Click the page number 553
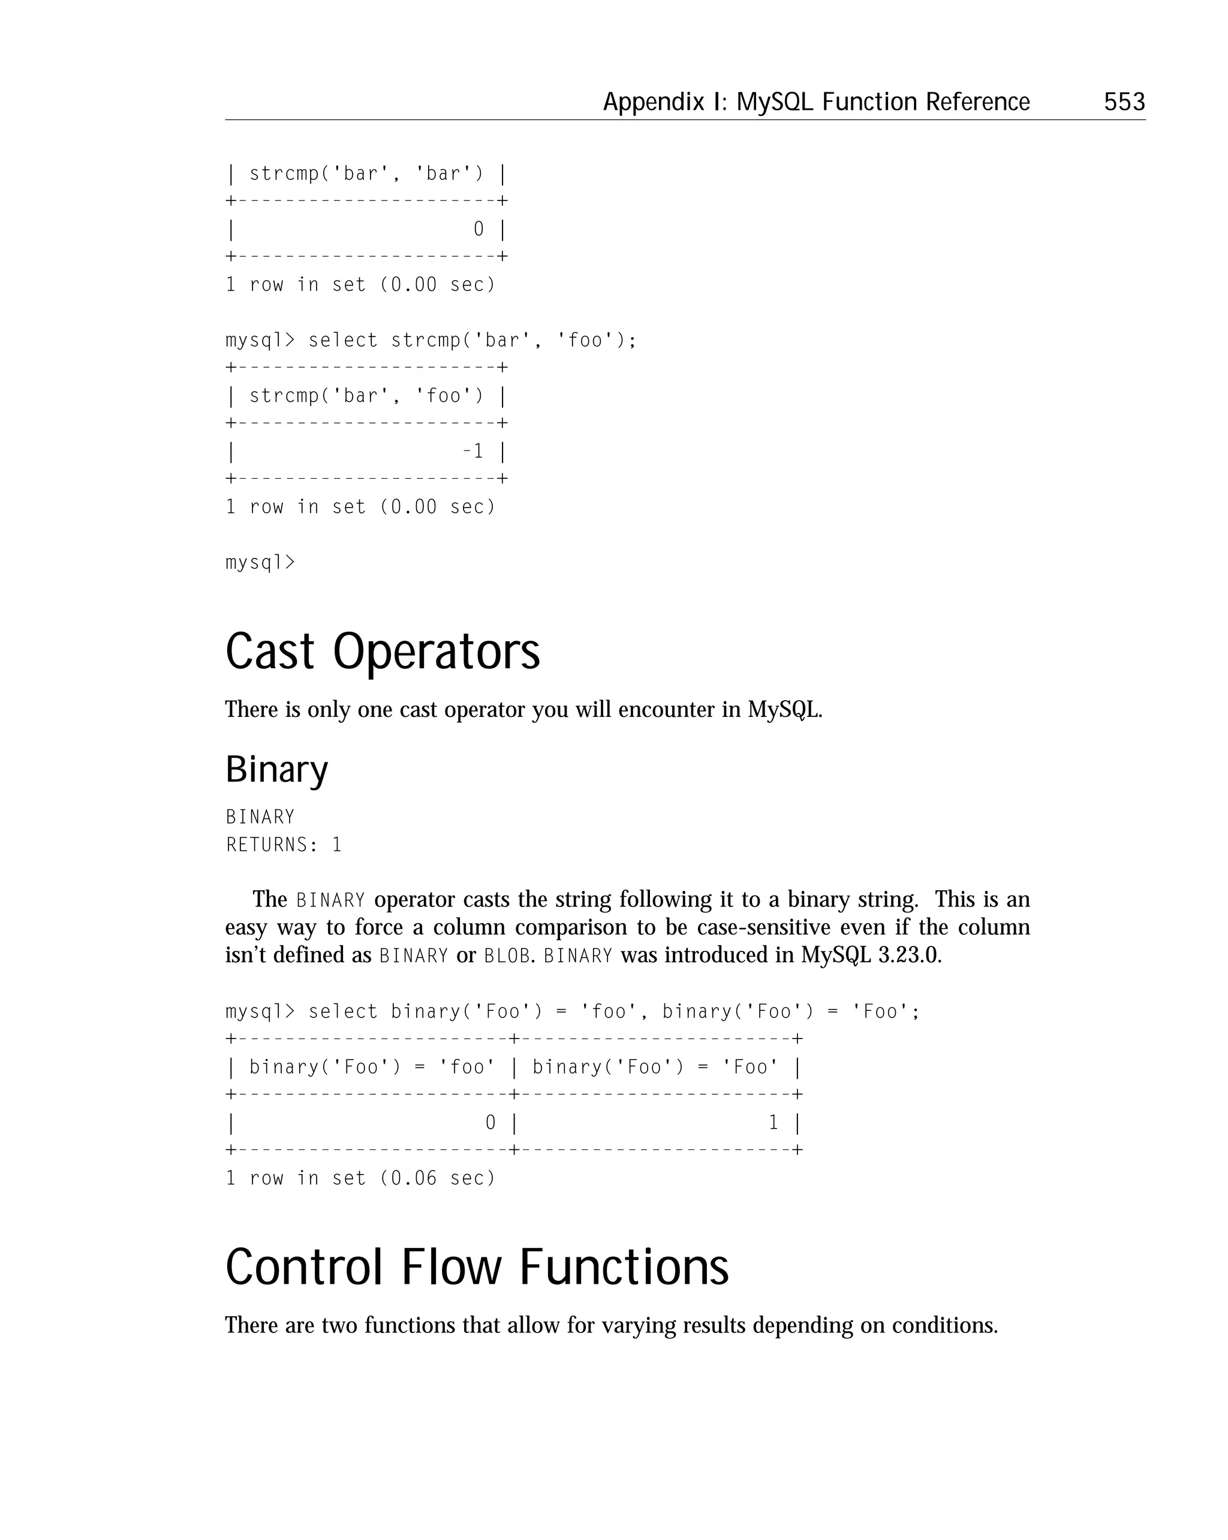(1124, 102)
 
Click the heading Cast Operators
(383, 652)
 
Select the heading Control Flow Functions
(477, 1267)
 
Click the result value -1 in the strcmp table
(472, 451)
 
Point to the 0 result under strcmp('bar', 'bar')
(478, 229)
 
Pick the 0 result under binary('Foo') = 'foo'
(490, 1123)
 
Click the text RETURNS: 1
(284, 845)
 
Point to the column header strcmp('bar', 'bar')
(366, 173)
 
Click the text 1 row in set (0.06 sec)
(360, 1178)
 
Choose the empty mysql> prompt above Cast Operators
(260, 563)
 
